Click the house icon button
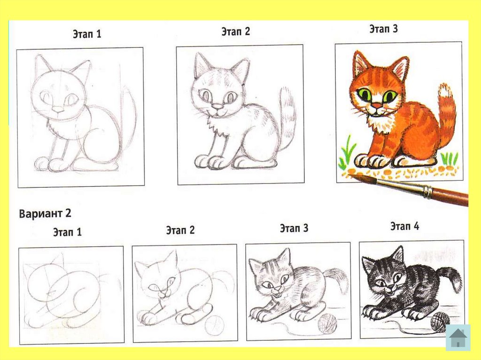pos(458,337)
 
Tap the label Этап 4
pos(404,226)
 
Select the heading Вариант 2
pos(45,213)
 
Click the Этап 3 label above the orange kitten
pos(383,29)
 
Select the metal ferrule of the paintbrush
pos(427,191)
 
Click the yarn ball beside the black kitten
pos(440,322)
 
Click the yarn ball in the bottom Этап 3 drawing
pos(327,323)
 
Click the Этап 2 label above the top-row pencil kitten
pos(236,31)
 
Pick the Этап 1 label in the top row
pos(87,34)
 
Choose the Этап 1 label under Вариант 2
pos(68,232)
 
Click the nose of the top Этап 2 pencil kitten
pos(217,107)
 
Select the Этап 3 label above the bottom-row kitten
pos(294,228)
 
